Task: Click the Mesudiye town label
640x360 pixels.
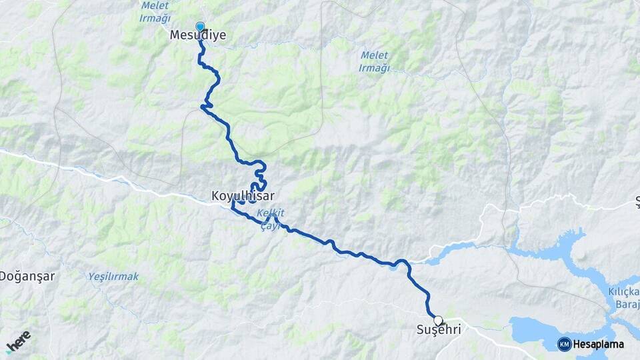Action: point(198,36)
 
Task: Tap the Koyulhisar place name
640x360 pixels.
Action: point(243,196)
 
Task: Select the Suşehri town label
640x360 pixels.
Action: point(438,331)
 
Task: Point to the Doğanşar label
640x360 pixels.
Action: point(27,275)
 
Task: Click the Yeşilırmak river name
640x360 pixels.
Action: point(113,275)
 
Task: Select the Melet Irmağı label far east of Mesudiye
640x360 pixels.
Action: point(374,61)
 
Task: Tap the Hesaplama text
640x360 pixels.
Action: point(599,344)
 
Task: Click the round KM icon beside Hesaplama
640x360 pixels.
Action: point(564,344)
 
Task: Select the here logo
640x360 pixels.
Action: point(18,341)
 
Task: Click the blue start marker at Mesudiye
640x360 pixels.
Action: point(199,27)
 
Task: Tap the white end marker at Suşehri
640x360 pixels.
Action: point(438,320)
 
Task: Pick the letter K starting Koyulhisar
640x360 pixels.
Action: point(215,196)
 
